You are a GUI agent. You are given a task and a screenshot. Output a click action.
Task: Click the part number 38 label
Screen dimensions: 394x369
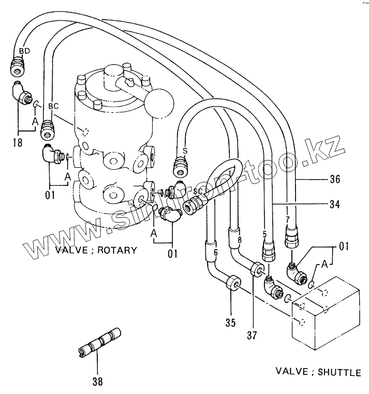pyautogui.click(x=97, y=382)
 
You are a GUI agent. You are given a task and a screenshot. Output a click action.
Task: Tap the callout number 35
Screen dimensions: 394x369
pyautogui.click(x=230, y=323)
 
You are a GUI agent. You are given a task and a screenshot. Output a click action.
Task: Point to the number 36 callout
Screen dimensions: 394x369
pyautogui.click(x=335, y=181)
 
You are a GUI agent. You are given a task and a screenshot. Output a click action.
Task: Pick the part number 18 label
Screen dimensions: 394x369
pyautogui.click(x=18, y=142)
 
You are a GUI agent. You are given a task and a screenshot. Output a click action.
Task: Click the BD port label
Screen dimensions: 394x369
pyautogui.click(x=24, y=51)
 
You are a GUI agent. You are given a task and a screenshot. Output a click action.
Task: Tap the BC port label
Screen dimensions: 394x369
pyautogui.click(x=53, y=106)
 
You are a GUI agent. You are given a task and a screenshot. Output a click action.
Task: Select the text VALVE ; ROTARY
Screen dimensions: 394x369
pyautogui.click(x=96, y=251)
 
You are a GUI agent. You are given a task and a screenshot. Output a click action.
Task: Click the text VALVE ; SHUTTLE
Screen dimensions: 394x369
pyautogui.click(x=318, y=371)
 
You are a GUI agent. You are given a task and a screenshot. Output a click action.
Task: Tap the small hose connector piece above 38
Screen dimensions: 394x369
pyautogui.click(x=99, y=343)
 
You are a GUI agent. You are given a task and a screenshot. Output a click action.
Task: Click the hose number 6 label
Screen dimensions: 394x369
pyautogui.click(x=216, y=252)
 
